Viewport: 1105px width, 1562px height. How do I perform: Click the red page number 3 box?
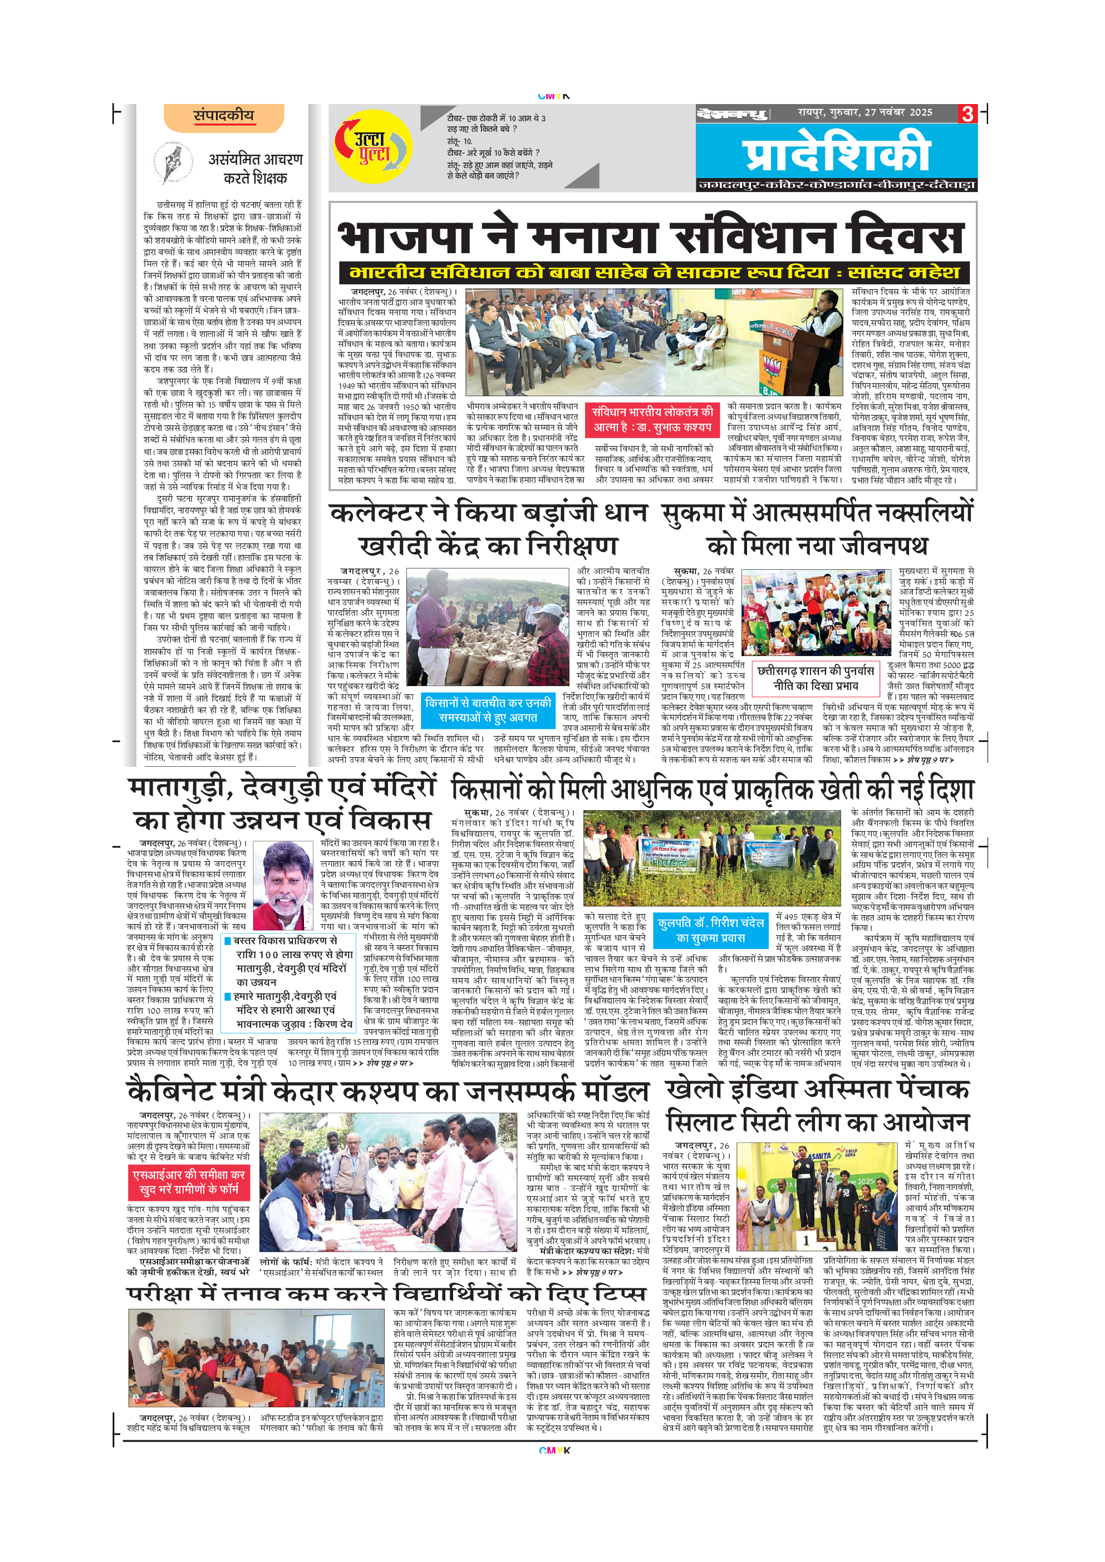(967, 114)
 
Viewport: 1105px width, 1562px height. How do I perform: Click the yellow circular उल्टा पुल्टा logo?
(373, 147)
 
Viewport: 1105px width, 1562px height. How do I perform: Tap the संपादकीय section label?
(223, 116)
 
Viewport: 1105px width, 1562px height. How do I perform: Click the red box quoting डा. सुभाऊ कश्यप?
(651, 419)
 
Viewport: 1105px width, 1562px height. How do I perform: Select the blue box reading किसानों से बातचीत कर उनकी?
(488, 709)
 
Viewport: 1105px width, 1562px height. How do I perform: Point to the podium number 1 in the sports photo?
(806, 1240)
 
